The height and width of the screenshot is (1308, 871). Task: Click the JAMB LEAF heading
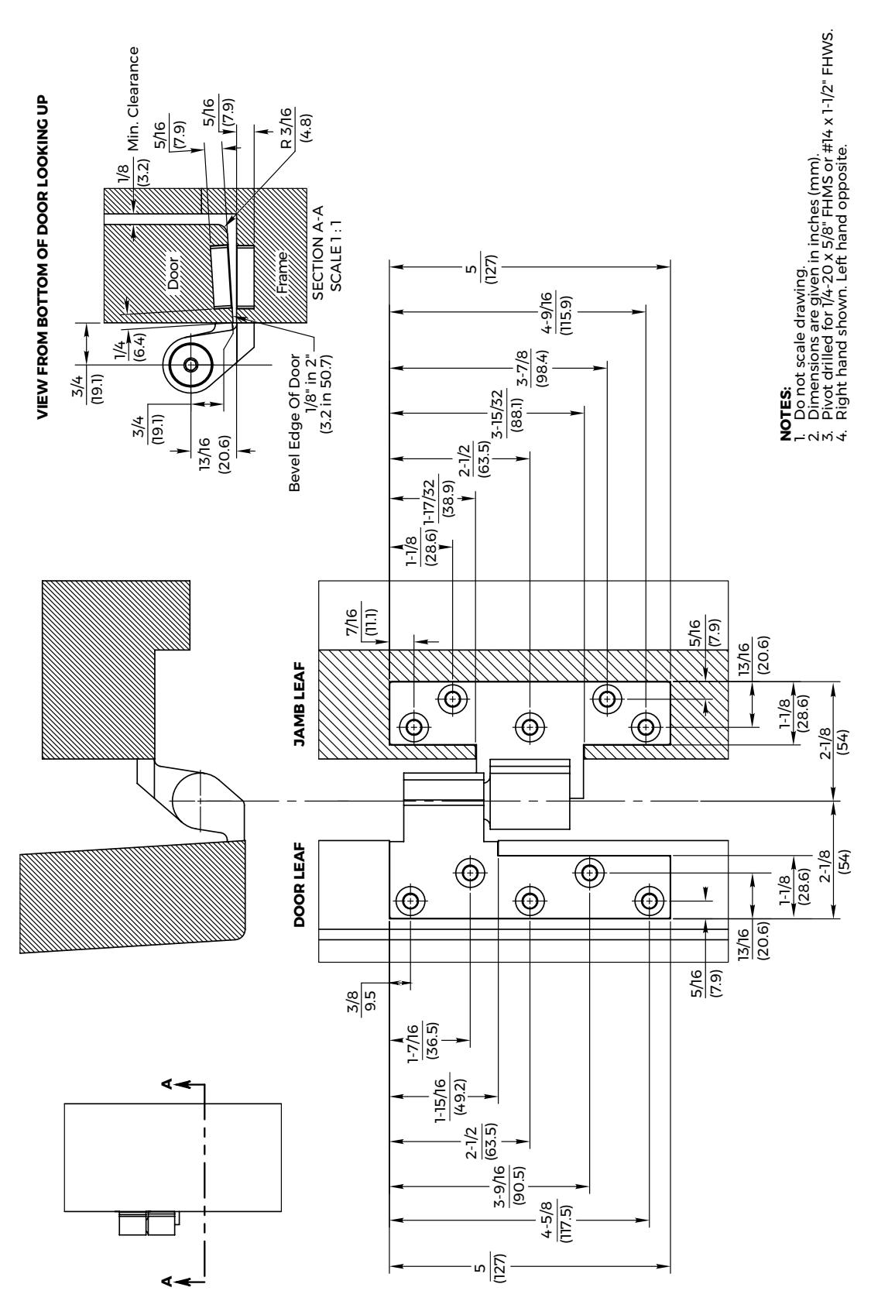[300, 704]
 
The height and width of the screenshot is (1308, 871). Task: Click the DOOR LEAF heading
[300, 884]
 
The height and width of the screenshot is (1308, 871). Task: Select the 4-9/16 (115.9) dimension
[557, 313]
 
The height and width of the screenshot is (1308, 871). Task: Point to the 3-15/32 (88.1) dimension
[506, 412]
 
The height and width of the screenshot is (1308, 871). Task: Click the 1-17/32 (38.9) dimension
[439, 498]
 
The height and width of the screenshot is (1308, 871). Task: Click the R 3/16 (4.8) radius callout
[296, 128]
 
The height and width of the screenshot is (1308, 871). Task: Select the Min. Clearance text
[134, 98]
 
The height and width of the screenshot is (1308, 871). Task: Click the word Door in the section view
[173, 273]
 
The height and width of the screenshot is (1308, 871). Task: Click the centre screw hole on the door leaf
[530, 901]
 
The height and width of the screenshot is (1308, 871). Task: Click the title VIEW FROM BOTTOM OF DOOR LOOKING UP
[42, 258]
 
